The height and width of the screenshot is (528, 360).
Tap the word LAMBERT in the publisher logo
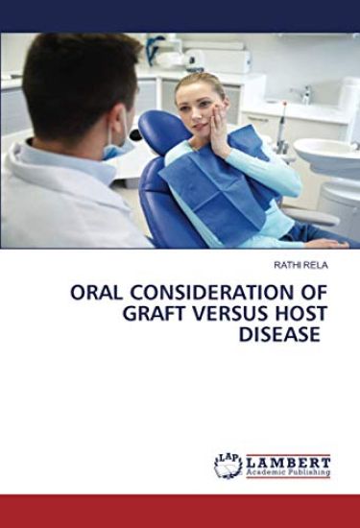(x=288, y=461)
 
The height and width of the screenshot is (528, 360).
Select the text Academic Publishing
(x=288, y=472)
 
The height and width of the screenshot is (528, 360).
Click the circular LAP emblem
(x=228, y=466)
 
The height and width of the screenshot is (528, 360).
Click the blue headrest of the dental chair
(x=158, y=130)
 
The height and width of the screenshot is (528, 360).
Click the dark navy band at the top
(x=180, y=15)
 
